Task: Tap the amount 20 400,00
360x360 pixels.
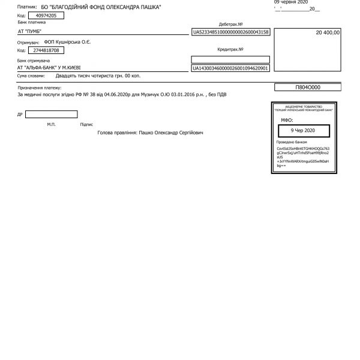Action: [x=328, y=32]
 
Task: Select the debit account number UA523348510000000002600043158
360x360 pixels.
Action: [x=230, y=32]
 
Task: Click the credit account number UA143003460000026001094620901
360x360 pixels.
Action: [x=230, y=69]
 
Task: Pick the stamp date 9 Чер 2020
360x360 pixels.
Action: [x=302, y=130]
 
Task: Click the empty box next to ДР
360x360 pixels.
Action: [x=51, y=114]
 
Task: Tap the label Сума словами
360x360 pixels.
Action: [x=31, y=76]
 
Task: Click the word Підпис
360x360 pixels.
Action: [x=86, y=124]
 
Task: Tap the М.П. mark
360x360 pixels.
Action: [x=51, y=124]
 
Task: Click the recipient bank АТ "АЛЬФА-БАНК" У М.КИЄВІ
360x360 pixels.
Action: [x=52, y=68]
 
